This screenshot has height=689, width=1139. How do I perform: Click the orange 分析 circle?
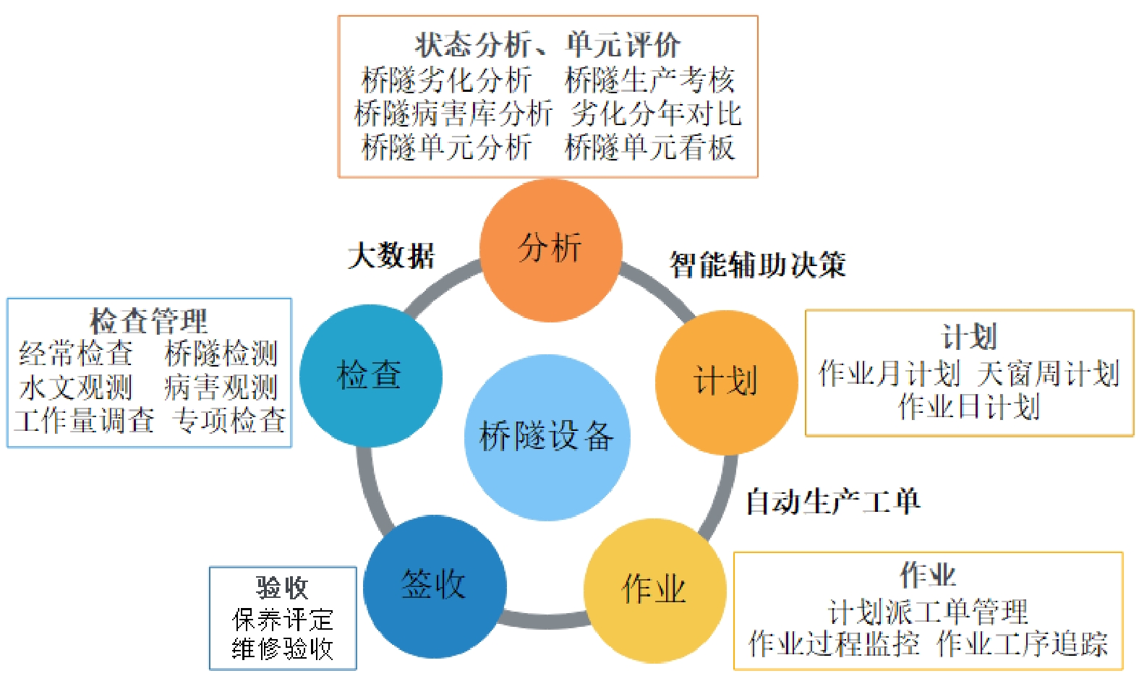point(550,249)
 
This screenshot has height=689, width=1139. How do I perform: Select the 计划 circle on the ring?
point(726,382)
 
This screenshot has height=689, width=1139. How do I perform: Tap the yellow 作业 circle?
point(654,590)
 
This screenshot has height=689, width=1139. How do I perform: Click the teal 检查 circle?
point(370,376)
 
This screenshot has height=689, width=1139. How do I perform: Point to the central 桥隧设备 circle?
point(547,437)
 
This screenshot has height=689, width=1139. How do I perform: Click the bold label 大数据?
point(391,256)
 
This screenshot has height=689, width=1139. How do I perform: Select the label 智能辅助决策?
point(757,265)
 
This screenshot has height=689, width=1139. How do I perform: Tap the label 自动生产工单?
point(832,501)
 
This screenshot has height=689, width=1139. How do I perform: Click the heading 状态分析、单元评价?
point(547,45)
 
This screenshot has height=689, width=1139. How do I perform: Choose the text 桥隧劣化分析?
point(446,80)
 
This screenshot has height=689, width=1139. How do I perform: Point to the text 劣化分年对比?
point(656,114)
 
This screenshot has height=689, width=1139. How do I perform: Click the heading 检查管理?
point(148,320)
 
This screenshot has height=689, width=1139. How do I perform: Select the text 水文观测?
point(76,388)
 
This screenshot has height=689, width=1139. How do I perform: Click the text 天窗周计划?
point(1048,374)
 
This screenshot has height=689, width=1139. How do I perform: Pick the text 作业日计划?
point(969,407)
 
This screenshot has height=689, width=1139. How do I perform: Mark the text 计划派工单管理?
point(928,612)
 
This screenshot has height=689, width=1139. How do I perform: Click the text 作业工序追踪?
point(1022,643)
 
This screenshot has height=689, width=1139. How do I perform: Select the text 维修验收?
point(283,649)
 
